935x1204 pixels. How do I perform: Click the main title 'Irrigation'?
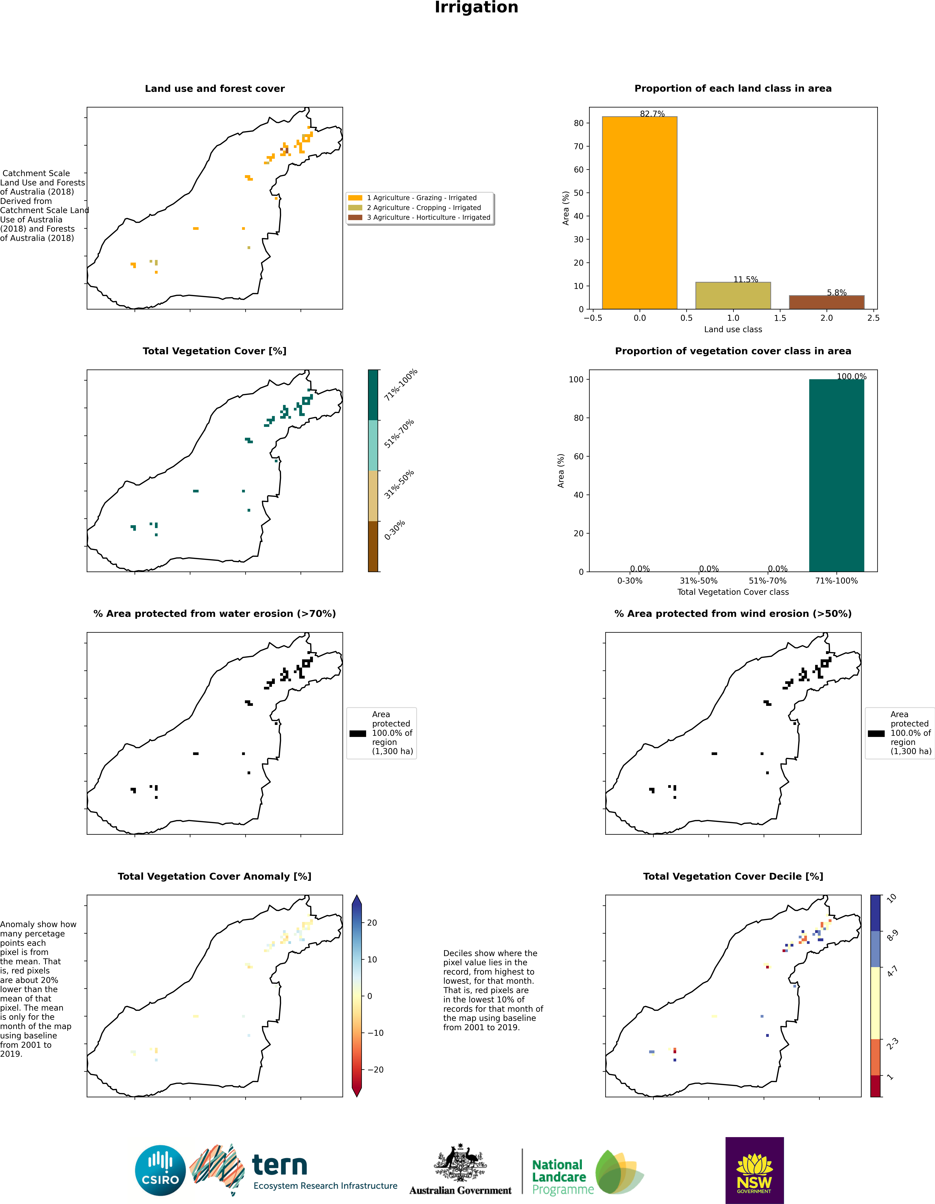pyautogui.click(x=476, y=8)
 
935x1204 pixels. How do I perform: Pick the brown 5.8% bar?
pyautogui.click(x=826, y=302)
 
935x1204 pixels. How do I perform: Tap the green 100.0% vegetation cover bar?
pyautogui.click(x=836, y=475)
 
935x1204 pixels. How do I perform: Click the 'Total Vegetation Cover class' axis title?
pyautogui.click(x=733, y=592)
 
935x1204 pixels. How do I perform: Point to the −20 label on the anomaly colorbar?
pyautogui.click(x=375, y=1069)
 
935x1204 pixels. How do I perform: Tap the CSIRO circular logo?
pyautogui.click(x=160, y=1170)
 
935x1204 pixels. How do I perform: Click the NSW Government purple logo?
pyautogui.click(x=754, y=1170)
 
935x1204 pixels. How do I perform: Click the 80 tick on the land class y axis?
pyautogui.click(x=578, y=123)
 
